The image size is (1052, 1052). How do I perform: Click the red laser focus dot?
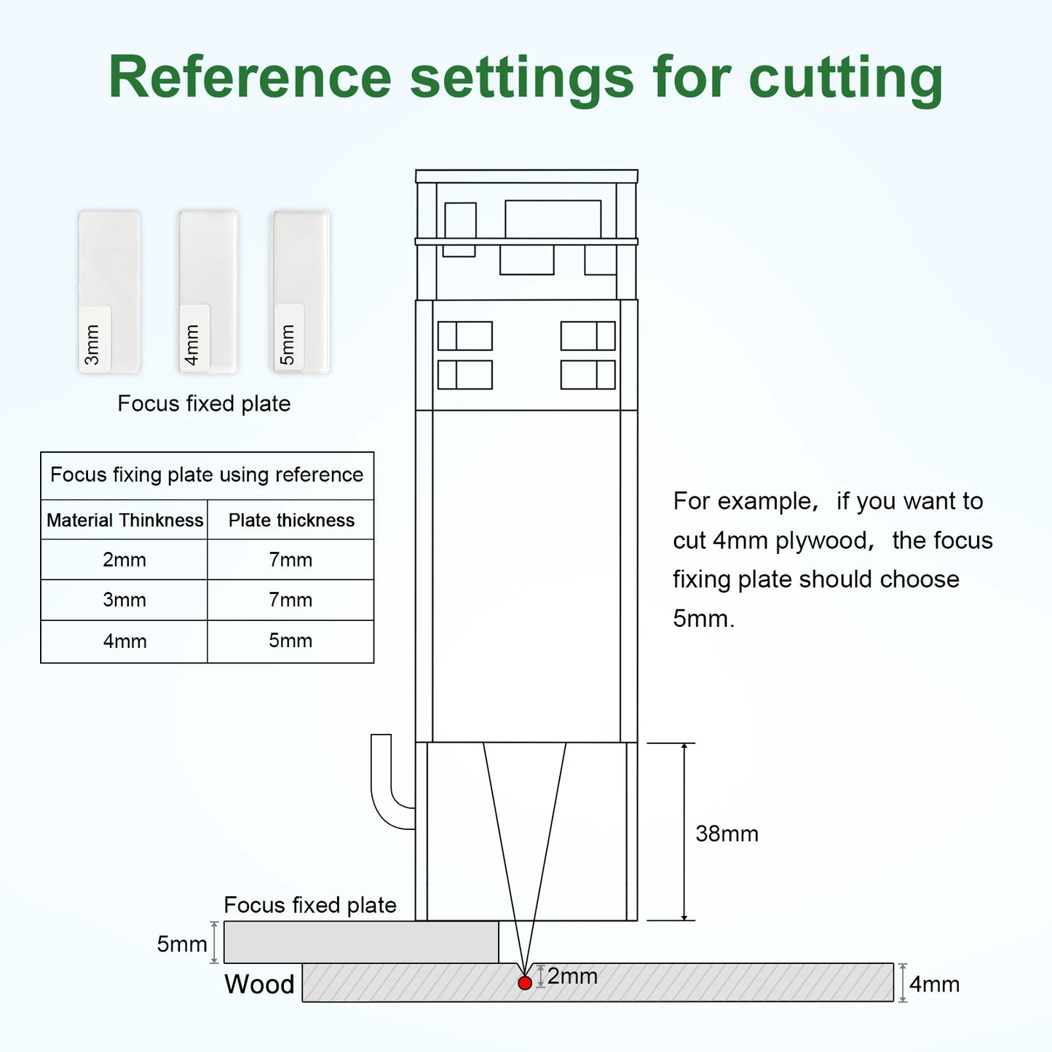tap(525, 983)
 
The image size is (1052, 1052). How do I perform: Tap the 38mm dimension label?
tap(727, 834)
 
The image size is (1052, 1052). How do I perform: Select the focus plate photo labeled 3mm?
tap(109, 292)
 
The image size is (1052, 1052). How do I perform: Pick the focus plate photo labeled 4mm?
tap(208, 292)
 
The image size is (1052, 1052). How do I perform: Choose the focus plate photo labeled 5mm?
tap(301, 292)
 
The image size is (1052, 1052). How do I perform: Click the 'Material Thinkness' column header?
tap(125, 521)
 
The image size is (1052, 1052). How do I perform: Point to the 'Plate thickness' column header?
tap(291, 521)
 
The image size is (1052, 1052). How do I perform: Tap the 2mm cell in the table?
tap(124, 560)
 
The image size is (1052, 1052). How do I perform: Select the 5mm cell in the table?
tap(290, 641)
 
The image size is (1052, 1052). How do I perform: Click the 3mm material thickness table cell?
tap(124, 600)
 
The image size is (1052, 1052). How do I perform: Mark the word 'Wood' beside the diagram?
tap(259, 984)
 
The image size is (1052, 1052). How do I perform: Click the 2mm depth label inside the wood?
tap(572, 976)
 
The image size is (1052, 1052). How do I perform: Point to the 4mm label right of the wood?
tap(934, 984)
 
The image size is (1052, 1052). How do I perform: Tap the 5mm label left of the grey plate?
tap(182, 944)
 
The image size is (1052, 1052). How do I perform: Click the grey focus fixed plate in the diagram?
tap(361, 942)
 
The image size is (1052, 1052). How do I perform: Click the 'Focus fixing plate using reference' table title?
tap(207, 475)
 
